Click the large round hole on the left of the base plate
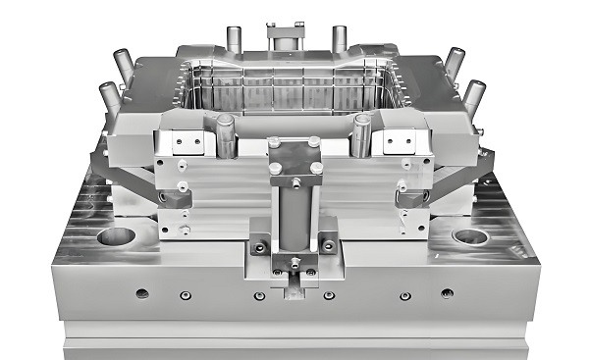(x=117, y=235)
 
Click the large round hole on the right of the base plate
(x=470, y=236)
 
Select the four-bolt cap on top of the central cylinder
(x=294, y=160)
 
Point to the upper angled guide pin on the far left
(x=124, y=65)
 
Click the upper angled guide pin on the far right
(x=455, y=64)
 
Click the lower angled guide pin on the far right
(x=473, y=96)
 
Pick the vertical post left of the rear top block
(x=235, y=39)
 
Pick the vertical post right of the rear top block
(x=340, y=39)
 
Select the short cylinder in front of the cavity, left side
(x=226, y=134)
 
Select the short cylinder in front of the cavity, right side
(x=362, y=133)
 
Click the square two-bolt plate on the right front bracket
(x=401, y=143)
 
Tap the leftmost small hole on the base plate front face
(x=143, y=293)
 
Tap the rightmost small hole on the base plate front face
(x=447, y=293)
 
